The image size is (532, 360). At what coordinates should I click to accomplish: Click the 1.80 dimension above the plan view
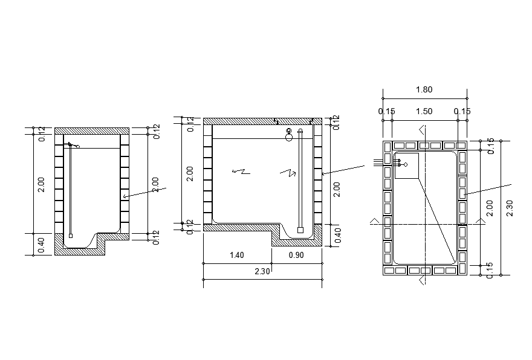424,90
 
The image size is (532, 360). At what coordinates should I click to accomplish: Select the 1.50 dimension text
424,111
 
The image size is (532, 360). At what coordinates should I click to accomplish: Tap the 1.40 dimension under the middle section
237,256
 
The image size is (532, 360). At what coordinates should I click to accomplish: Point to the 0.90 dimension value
296,256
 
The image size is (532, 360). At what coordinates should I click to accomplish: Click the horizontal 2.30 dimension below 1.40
262,272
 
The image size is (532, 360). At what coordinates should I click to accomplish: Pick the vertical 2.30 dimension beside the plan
509,207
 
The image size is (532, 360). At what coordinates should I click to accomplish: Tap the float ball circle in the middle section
289,137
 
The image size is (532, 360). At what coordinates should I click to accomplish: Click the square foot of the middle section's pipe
300,230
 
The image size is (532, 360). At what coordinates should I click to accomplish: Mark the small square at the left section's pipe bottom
71,235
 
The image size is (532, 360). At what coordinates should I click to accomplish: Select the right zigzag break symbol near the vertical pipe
287,173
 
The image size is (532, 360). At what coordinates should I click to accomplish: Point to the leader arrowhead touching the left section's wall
124,196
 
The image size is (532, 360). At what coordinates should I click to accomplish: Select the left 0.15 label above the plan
386,111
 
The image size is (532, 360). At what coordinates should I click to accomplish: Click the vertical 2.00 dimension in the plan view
490,207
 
